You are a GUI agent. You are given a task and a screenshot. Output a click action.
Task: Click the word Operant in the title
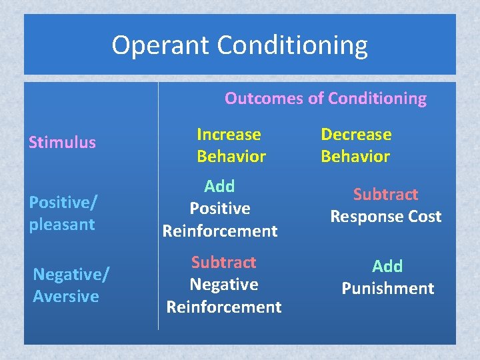pos(161,45)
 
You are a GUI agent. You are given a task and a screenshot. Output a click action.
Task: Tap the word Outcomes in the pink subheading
pos(263,99)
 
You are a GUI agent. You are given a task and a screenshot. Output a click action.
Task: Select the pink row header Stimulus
pos(62,142)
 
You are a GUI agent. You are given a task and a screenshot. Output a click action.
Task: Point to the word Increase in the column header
pos(229,134)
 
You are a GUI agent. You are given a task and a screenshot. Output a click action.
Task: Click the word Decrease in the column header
pos(356,134)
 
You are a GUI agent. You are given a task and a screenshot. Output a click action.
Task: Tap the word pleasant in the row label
pos(62,224)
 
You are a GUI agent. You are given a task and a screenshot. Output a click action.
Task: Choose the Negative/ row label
pos(71,273)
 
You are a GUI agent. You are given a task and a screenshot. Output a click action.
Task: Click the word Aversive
pos(66,296)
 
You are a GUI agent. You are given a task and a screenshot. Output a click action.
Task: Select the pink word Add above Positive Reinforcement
pos(219,186)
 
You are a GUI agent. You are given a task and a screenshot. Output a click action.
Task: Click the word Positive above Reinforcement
pos(220,209)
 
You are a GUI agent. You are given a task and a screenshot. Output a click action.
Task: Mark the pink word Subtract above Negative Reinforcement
pos(224,262)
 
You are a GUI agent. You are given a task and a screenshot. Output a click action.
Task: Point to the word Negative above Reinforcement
pos(224,285)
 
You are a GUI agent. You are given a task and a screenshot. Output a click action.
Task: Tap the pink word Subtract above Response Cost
pos(385,194)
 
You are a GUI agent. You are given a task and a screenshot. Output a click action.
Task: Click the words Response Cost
pos(386,217)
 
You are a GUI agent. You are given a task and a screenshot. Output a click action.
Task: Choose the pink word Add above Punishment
pos(387,266)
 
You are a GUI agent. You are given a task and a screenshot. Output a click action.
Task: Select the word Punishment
pos(387,289)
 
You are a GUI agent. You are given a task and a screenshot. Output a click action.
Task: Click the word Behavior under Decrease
pos(355,157)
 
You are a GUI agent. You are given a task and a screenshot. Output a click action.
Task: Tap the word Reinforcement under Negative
pos(224,307)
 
